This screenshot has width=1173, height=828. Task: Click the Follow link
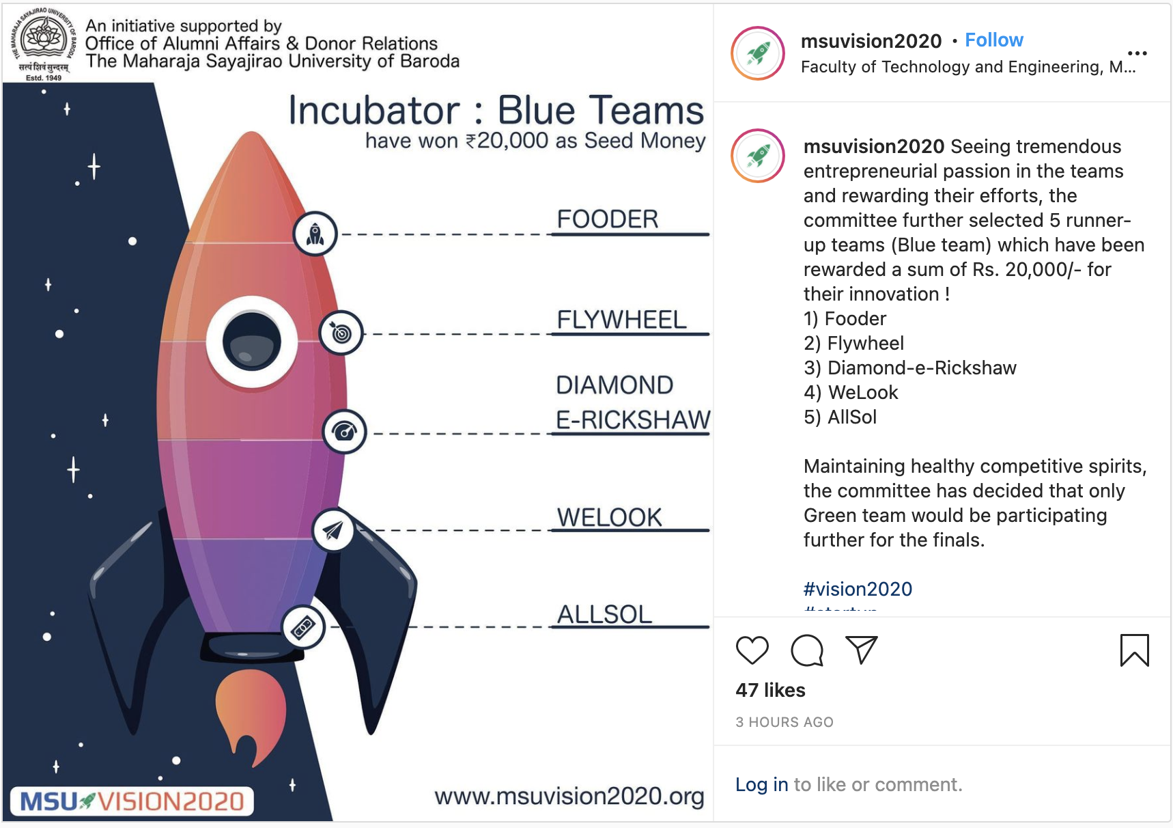click(x=993, y=40)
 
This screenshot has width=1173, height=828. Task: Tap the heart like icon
click(x=752, y=650)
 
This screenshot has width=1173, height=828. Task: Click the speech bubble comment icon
click(x=806, y=650)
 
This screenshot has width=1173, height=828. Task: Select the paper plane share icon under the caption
click(x=861, y=650)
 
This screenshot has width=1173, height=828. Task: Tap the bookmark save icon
click(x=1134, y=650)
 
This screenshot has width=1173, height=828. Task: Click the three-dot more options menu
click(x=1137, y=53)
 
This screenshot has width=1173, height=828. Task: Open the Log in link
click(x=761, y=784)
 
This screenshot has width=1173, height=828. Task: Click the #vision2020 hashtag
click(x=858, y=589)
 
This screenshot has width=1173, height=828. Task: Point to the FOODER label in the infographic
click(x=607, y=219)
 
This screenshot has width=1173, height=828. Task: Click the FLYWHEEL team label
click(x=621, y=320)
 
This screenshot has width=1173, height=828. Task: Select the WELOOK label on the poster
click(x=609, y=517)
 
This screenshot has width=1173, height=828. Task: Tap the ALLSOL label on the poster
click(x=604, y=614)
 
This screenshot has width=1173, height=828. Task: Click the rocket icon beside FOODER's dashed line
click(x=315, y=234)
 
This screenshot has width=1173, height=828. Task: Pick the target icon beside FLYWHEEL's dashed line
click(x=341, y=333)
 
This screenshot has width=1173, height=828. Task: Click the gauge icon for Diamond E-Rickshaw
click(x=344, y=432)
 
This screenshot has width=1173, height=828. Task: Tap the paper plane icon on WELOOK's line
click(x=333, y=530)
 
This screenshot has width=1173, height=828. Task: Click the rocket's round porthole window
click(x=252, y=342)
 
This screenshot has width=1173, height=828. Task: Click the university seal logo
click(x=44, y=40)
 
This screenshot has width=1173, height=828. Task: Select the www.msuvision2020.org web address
click(x=569, y=796)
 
